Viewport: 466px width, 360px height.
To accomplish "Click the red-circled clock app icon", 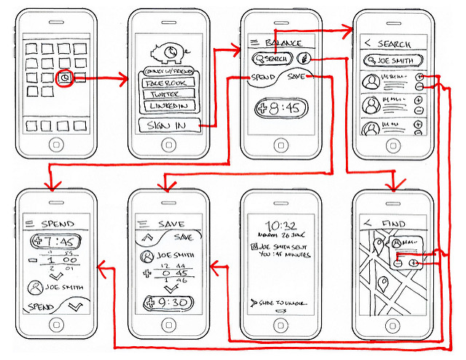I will point(65,78).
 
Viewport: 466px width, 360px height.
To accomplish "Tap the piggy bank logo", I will point(168,54).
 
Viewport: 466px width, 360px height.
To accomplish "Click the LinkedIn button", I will point(167,106).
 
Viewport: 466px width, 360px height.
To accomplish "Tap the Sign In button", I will point(167,125).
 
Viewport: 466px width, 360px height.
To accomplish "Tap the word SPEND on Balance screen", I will point(263,77).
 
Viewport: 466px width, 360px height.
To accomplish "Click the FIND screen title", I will point(394,223).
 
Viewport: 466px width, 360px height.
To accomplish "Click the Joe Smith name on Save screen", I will point(172,256).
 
